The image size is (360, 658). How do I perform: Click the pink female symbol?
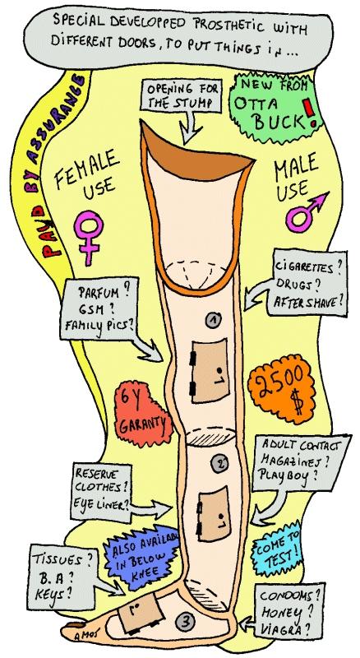coord(88,238)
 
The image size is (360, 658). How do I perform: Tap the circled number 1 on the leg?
coord(213,320)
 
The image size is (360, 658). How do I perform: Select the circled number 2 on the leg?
coord(221,463)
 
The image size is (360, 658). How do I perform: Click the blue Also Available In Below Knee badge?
coord(142,557)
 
